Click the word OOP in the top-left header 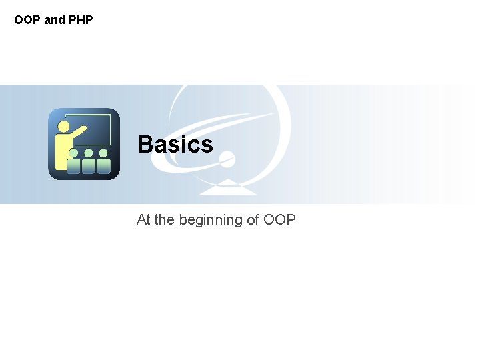coord(27,20)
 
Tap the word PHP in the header coord(79,20)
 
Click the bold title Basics coord(175,144)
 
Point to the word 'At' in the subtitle coord(143,219)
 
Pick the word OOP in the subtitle coord(279,219)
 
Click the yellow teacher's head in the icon coord(64,125)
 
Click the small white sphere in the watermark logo coord(227,159)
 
